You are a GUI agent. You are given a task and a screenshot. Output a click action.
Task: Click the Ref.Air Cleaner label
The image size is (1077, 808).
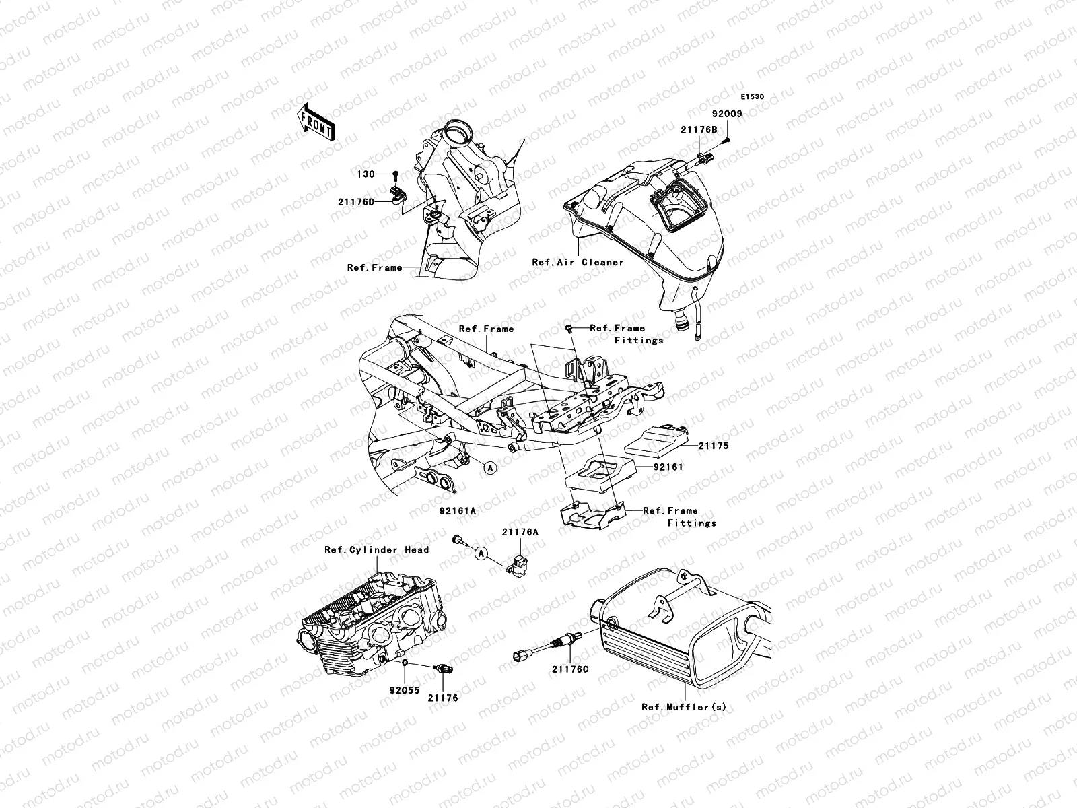[578, 262]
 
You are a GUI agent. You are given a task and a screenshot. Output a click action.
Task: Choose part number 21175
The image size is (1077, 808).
[713, 446]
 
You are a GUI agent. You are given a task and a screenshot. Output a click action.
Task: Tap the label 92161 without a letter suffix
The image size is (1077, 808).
[668, 466]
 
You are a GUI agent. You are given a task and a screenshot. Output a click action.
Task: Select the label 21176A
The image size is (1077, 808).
[520, 532]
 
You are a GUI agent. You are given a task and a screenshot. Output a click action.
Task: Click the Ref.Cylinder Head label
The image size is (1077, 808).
[376, 550]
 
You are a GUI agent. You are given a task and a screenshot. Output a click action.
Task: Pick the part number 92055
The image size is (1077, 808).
[401, 690]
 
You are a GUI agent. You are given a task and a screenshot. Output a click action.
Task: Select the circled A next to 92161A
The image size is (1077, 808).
[481, 553]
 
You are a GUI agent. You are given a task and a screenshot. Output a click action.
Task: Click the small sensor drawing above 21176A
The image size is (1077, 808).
[516, 564]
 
